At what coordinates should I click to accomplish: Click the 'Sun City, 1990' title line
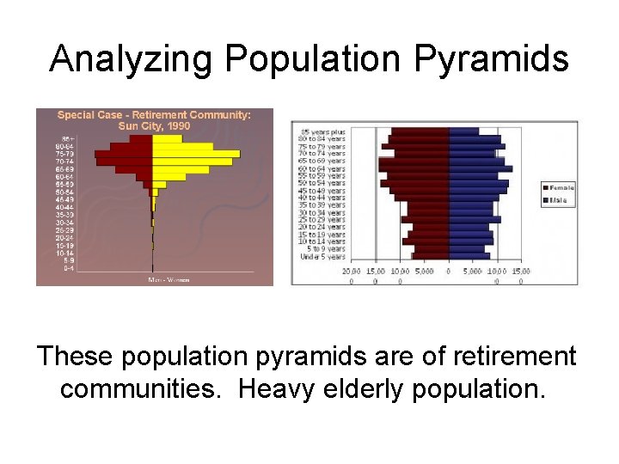(x=154, y=125)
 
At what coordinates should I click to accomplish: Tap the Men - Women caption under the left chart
(x=169, y=279)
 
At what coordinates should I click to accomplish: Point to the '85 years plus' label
(x=322, y=131)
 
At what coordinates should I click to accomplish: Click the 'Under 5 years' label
(x=322, y=256)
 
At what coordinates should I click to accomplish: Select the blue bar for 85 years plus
(x=463, y=131)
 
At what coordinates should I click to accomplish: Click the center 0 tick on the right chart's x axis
(x=448, y=271)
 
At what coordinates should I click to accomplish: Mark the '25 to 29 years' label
(x=322, y=219)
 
